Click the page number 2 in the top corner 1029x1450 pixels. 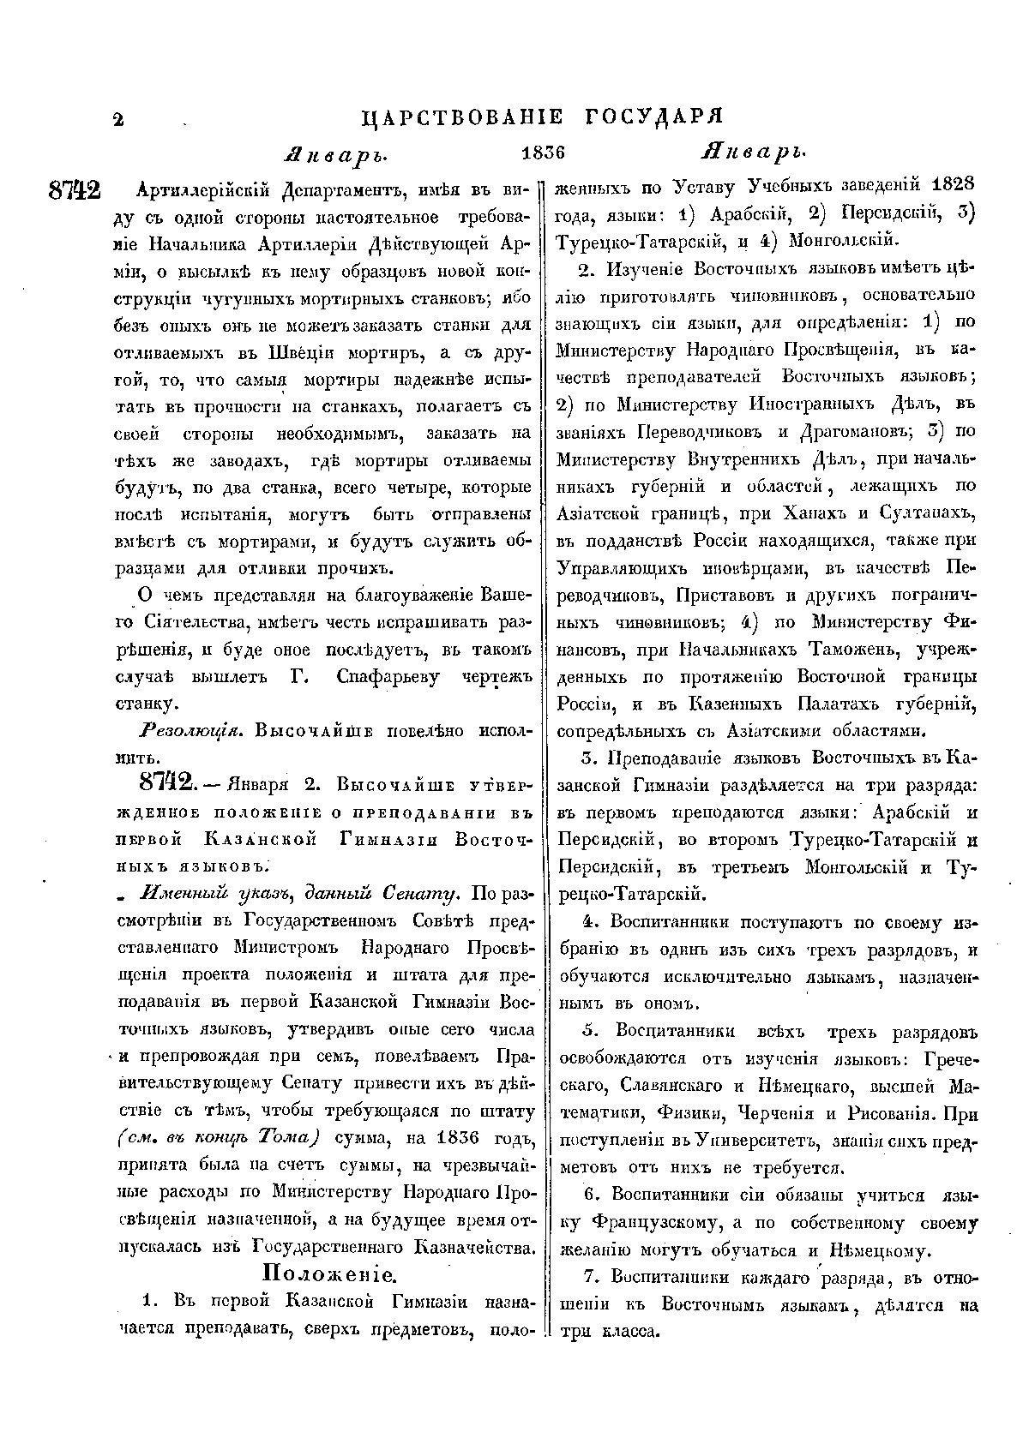[x=117, y=120]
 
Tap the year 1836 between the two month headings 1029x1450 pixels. [x=544, y=154]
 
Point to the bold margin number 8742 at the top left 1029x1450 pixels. [x=75, y=190]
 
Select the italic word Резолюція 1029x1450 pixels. [x=182, y=731]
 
